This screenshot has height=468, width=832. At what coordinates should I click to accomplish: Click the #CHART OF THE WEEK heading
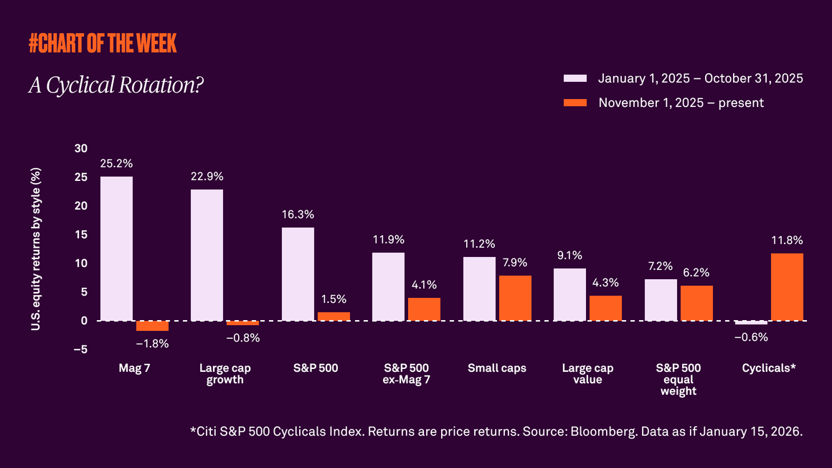coord(103,43)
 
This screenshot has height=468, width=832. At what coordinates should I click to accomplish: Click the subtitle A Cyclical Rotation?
coord(115,85)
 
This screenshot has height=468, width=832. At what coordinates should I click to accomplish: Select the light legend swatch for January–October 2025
coord(575,78)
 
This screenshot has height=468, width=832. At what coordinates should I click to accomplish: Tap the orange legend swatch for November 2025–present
coord(575,103)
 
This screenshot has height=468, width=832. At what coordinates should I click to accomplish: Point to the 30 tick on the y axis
coord(81,149)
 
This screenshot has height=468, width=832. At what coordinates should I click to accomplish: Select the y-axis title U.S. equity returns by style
coord(37,249)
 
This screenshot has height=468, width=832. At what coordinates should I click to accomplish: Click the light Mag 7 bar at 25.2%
coord(116,248)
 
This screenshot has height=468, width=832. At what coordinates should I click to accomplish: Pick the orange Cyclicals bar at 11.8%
coord(787,286)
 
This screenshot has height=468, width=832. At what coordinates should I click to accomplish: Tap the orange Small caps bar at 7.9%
coord(515,298)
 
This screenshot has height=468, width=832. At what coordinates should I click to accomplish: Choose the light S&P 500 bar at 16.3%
coord(298,273)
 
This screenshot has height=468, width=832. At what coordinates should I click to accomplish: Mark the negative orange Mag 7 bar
coord(152,326)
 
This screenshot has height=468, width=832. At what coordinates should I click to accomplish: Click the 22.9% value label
coord(207,177)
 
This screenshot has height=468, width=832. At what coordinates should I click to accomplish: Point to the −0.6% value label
coord(751,338)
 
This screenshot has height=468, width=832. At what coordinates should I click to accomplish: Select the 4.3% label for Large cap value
coord(605,283)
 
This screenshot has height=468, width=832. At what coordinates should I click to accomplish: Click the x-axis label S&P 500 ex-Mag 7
coord(407,374)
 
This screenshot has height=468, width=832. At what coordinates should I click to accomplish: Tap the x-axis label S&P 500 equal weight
coord(678,380)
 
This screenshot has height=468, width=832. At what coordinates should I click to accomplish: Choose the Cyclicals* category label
coord(769,368)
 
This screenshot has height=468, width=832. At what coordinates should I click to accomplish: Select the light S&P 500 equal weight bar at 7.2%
coord(661,300)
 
